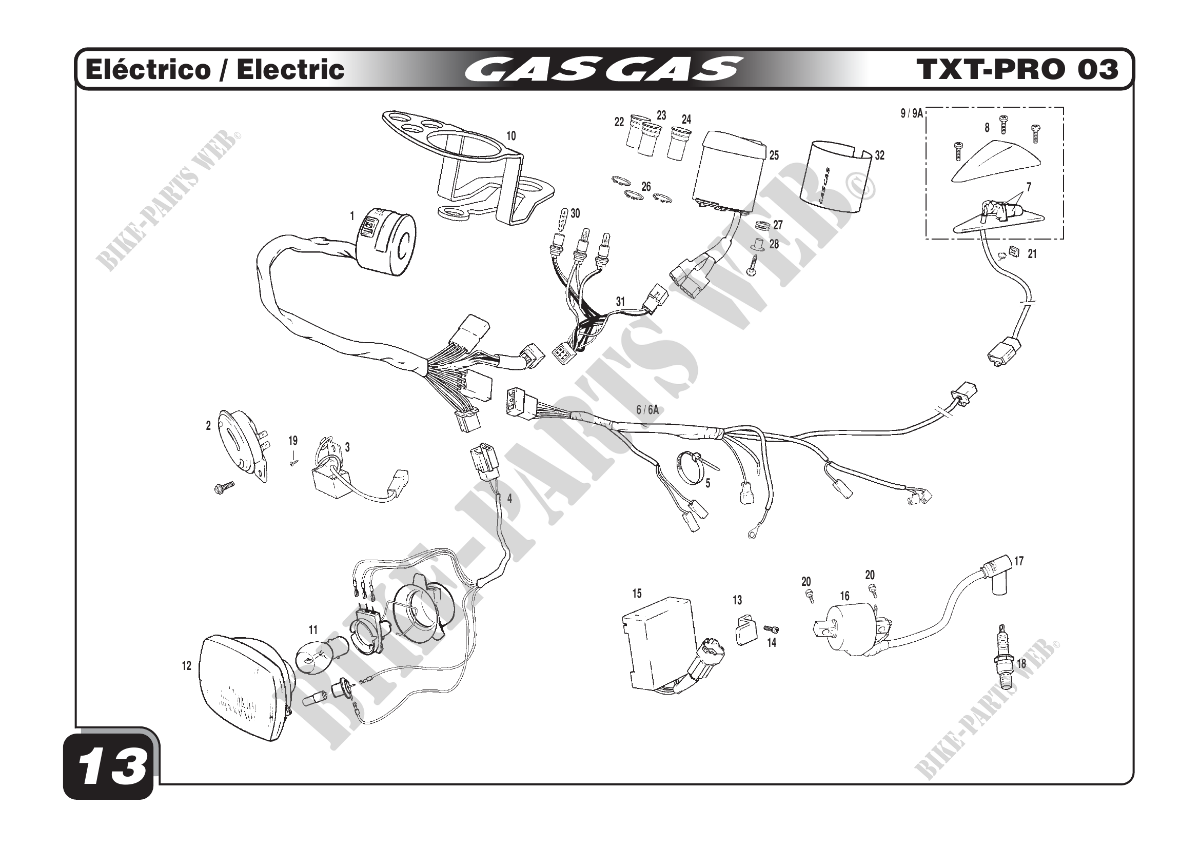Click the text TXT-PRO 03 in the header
[1017, 69]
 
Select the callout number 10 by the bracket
[510, 136]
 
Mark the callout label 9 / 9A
[912, 113]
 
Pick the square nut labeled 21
[1015, 252]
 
